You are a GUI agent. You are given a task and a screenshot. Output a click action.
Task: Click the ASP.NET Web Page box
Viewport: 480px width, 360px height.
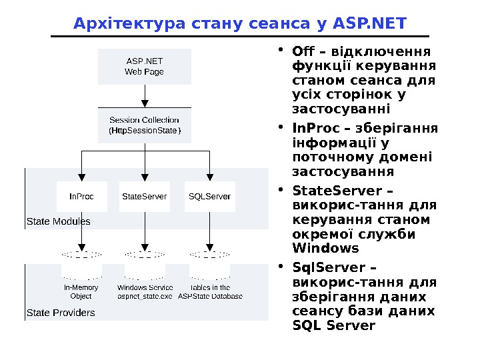coord(145,67)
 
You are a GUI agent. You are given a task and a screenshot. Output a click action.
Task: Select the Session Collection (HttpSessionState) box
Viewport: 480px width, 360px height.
coord(145,125)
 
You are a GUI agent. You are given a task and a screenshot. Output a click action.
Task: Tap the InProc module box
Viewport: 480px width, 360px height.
coord(82,197)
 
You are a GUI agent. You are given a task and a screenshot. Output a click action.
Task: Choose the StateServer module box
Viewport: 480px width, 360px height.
coord(145,197)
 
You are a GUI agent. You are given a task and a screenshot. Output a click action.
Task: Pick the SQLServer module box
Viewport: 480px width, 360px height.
coord(209,197)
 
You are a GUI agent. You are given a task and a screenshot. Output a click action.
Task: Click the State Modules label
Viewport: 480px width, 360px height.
coord(58,221)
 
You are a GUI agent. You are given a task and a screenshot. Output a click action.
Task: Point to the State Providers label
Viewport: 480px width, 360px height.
coord(61,312)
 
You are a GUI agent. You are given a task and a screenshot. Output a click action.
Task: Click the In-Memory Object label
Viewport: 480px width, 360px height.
coord(81,292)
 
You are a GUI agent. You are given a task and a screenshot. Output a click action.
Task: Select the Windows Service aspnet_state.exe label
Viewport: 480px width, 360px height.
coord(145,292)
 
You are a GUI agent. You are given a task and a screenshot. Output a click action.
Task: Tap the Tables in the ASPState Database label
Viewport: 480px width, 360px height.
coord(210,292)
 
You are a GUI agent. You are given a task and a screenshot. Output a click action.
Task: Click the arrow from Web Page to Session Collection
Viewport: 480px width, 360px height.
coord(145,95)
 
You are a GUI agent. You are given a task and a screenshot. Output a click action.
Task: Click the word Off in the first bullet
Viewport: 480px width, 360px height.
coord(303,52)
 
